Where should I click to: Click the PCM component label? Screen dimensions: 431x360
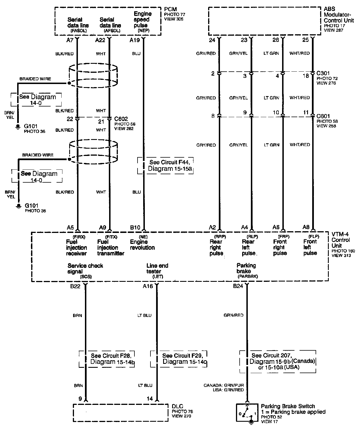coord(170,10)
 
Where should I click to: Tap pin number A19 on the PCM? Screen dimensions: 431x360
coord(134,40)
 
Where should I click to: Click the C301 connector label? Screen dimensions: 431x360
coord(323,73)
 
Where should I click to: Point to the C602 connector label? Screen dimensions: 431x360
coord(121,119)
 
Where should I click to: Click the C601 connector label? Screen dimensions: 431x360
coord(323,116)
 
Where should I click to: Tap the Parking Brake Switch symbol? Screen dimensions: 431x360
coord(247,413)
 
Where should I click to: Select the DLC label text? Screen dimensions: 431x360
coord(177,406)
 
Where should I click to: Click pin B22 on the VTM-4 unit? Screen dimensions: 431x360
coord(75,286)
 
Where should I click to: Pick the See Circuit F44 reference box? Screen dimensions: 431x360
coord(165,165)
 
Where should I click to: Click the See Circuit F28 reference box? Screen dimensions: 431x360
coord(107,359)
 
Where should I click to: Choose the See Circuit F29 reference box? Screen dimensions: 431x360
coord(179,359)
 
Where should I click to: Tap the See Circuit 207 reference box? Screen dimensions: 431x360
coord(278,361)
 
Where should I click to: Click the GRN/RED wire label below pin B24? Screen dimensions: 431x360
coord(233,315)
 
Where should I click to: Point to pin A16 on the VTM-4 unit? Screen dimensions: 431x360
coord(148,286)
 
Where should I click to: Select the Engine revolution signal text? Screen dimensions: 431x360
coord(142,245)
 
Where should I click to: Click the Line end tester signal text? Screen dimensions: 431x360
coord(157,269)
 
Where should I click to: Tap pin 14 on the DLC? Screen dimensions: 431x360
coord(150,399)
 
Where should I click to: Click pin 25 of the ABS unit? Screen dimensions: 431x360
coord(305,40)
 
